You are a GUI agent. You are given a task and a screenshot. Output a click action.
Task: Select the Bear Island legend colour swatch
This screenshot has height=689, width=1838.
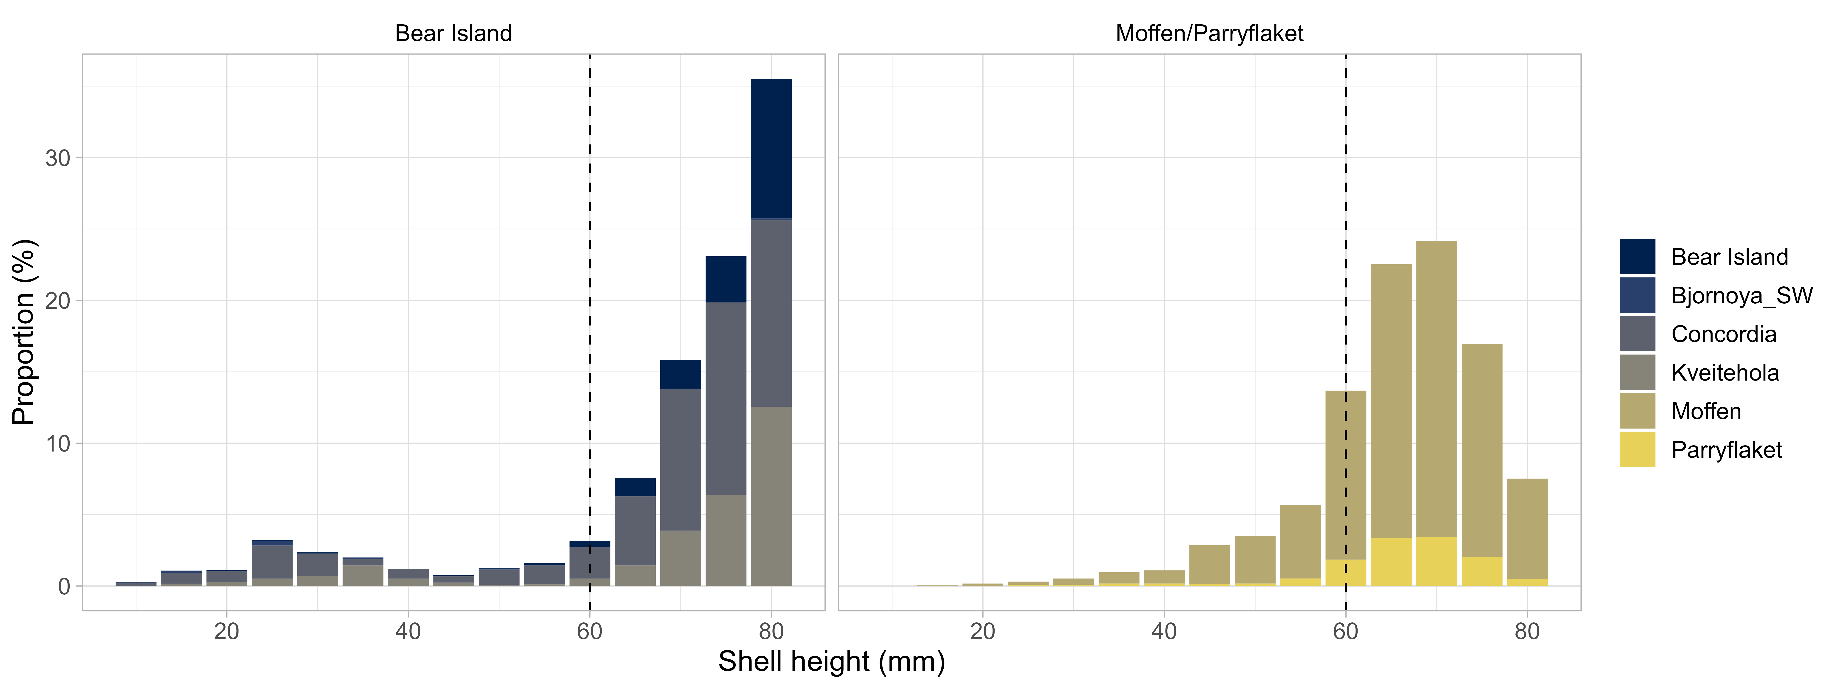click(1637, 257)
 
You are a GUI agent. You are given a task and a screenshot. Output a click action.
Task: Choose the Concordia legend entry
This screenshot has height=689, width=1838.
click(1723, 334)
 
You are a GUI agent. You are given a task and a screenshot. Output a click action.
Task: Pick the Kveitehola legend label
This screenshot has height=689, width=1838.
click(1725, 372)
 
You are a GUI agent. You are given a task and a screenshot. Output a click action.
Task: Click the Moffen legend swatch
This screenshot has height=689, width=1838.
click(1637, 411)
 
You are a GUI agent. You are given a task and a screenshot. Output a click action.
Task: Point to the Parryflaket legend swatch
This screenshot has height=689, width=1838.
click(1637, 449)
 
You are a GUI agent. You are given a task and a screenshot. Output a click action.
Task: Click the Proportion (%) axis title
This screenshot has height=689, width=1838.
click(23, 332)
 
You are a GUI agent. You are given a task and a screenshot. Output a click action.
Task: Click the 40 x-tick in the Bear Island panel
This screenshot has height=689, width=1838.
click(408, 631)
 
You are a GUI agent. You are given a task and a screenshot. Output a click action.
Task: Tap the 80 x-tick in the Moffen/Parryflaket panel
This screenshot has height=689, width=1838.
click(1527, 631)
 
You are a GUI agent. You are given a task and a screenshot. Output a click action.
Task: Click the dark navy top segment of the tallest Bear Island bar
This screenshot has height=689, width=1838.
click(771, 148)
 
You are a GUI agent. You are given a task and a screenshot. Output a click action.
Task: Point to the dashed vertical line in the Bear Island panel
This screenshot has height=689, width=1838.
click(589, 285)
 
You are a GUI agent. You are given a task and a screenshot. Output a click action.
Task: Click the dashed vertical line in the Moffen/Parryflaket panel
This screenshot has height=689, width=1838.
click(1346, 214)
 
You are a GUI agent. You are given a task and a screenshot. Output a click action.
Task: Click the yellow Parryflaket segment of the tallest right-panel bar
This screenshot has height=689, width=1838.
click(1436, 561)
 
